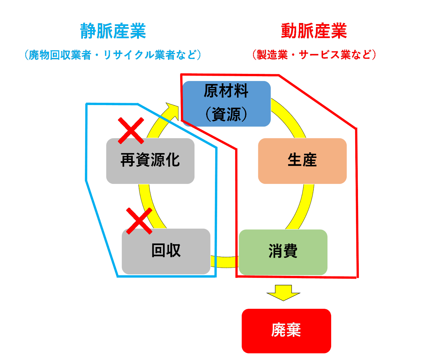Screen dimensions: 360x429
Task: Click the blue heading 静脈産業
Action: click(x=113, y=31)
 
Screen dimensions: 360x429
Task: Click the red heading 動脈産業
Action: click(x=314, y=31)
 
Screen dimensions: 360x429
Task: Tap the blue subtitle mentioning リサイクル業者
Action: click(x=113, y=55)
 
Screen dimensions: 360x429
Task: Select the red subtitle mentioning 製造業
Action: click(x=314, y=55)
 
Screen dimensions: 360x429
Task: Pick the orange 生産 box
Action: click(x=302, y=161)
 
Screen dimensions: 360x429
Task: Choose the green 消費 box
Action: click(x=283, y=252)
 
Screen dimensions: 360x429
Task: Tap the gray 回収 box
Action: click(x=166, y=251)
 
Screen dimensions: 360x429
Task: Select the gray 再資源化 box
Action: click(x=150, y=161)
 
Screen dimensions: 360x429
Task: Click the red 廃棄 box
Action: click(x=286, y=331)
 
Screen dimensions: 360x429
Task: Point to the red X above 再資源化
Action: click(x=131, y=130)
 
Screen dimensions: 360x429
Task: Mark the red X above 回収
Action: click(x=139, y=221)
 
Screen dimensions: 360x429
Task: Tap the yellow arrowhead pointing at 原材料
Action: click(x=173, y=110)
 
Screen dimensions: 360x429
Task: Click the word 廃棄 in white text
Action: click(x=286, y=330)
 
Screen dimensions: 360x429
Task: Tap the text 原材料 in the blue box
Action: click(x=226, y=91)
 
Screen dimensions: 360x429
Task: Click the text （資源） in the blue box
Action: click(x=226, y=114)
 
